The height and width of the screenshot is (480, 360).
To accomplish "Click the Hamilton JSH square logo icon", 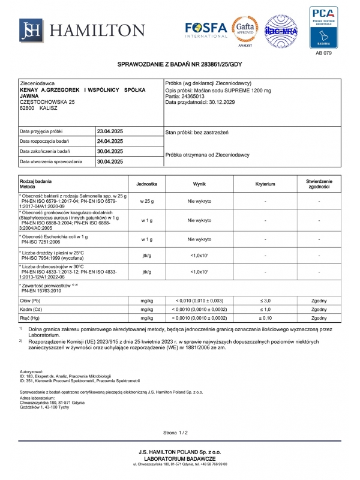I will point(31,30).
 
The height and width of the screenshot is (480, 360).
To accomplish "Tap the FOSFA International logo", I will point(206,29).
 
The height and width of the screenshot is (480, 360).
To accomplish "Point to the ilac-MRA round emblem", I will point(282,31).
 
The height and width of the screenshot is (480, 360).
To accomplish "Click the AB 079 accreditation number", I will point(323,53).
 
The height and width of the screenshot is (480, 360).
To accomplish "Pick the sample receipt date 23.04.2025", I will point(110,131).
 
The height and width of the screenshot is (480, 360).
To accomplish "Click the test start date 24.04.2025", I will point(110,141).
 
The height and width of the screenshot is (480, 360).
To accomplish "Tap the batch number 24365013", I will point(193,95).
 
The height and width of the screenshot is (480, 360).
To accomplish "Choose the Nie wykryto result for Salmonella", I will point(199,202).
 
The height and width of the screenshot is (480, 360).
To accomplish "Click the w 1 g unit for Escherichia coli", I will point(146,239).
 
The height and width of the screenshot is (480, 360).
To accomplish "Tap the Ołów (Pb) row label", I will point(30,299).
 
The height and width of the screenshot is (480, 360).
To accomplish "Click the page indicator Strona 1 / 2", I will point(175,432).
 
